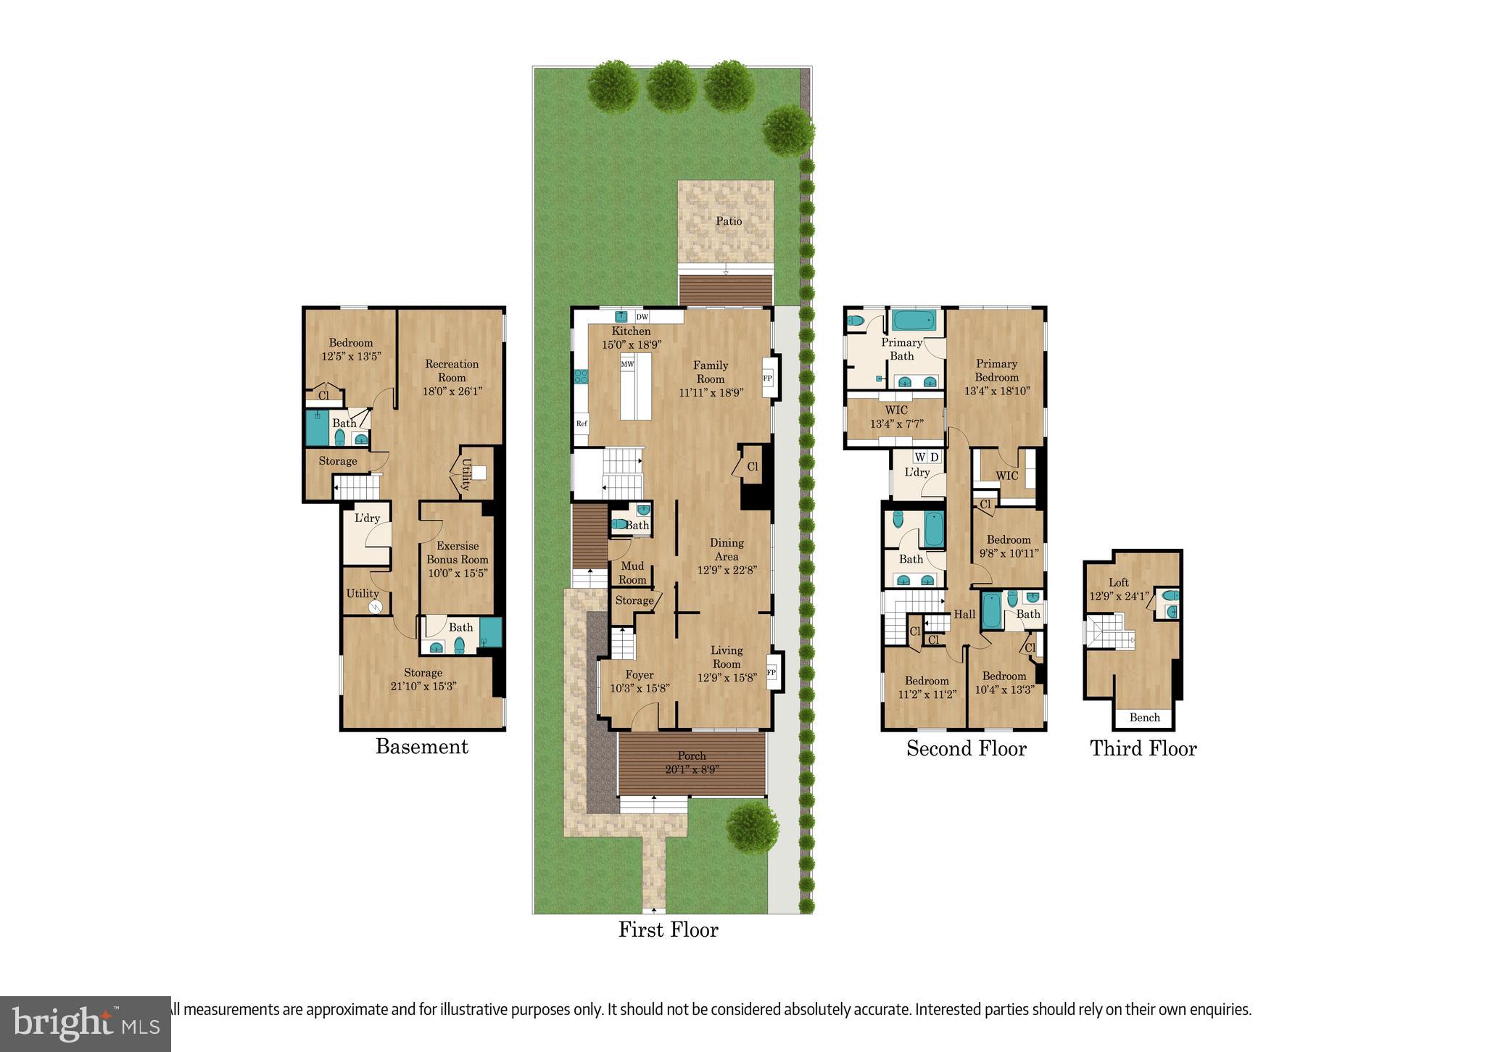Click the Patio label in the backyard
coord(729,221)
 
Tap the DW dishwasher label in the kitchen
coord(642,317)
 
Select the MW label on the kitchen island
coord(627,364)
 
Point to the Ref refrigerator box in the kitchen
coord(582,423)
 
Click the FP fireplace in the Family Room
coord(767,378)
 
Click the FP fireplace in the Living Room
coord(771,673)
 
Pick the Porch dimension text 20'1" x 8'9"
coord(692,770)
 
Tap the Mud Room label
coord(632,573)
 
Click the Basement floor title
coord(421,747)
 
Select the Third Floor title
coord(1143,748)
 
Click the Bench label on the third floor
coord(1144,718)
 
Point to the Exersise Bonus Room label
coord(457,552)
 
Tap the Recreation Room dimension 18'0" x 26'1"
coord(452,391)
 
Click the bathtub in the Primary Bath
coord(913,320)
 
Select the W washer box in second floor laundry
coord(919,457)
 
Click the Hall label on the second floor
coord(964,614)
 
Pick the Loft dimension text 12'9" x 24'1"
coord(1119,597)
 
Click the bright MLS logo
coord(86,1024)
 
